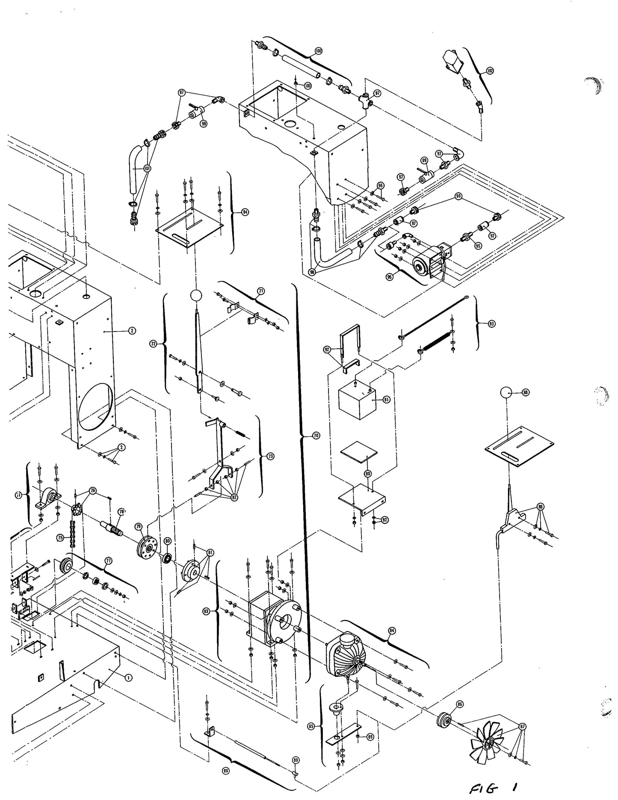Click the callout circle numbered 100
(318, 51)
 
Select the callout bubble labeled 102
(490, 71)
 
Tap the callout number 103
(308, 86)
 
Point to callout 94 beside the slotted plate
(245, 212)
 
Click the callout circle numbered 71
(260, 291)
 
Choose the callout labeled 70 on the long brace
(316, 436)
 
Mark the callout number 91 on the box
(386, 400)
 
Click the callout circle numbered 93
(491, 324)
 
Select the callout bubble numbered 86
(459, 703)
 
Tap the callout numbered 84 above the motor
(392, 631)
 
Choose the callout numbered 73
(270, 456)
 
